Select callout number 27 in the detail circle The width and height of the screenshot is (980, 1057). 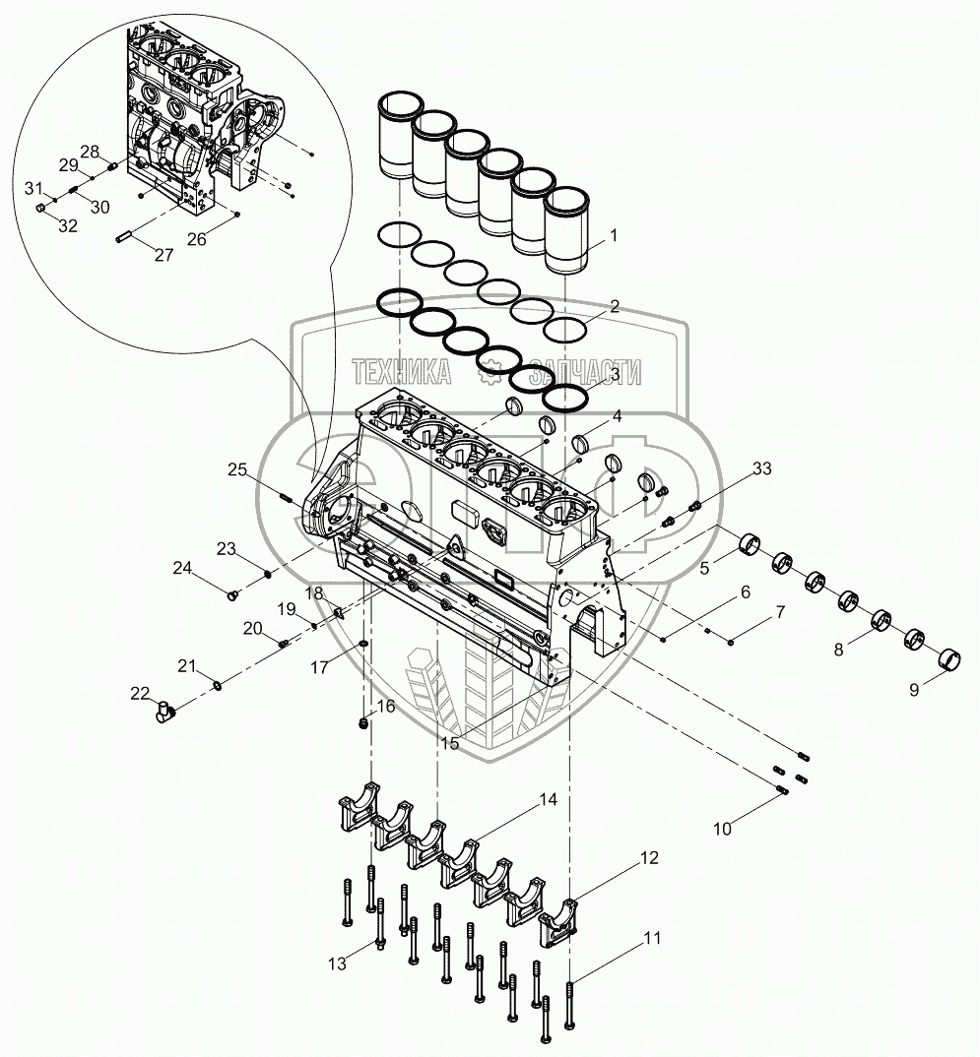pos(163,254)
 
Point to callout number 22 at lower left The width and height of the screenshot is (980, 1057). pos(141,693)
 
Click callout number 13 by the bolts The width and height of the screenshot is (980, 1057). pos(338,964)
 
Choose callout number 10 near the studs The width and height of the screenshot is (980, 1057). pos(722,830)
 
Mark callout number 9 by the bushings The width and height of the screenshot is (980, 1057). pos(914,690)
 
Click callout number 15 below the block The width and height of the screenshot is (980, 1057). pos(449,744)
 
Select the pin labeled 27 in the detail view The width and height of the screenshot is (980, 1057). pos(124,236)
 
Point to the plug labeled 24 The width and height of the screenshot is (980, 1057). pos(233,594)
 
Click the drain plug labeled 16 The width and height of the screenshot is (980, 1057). pos(363,726)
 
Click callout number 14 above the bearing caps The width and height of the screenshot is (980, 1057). pos(548,800)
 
